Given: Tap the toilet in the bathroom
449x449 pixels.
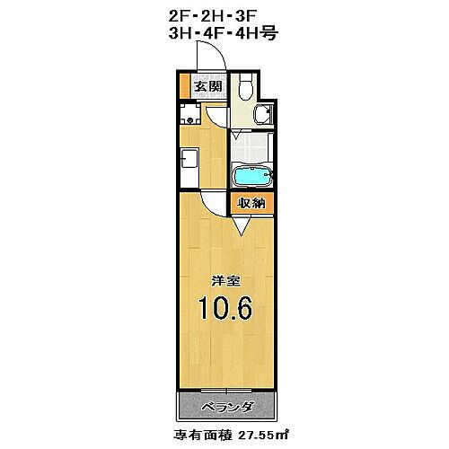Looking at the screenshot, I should [246, 87].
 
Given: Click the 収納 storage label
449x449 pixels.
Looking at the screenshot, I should [251, 204].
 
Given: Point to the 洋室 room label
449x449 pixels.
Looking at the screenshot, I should [224, 280].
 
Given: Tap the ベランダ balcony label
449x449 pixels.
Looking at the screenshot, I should [225, 407].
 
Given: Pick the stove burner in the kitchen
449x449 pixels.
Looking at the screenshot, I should [189, 115].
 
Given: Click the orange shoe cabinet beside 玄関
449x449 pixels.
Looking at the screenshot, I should [185, 88].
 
